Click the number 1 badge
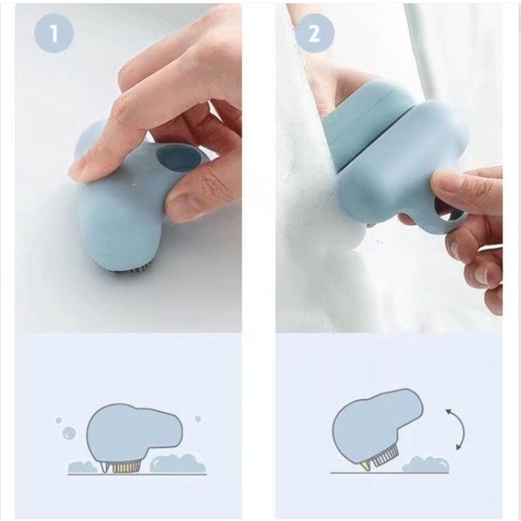tap(53, 33)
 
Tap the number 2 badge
tap(314, 33)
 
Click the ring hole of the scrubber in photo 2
tap(445, 213)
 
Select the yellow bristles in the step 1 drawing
tap(125, 467)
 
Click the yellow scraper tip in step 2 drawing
tap(367, 466)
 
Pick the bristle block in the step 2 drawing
tap(384, 457)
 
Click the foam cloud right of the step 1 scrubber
tap(178, 463)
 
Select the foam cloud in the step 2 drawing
tap(426, 464)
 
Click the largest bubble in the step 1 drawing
tap(69, 433)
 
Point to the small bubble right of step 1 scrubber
tap(198, 418)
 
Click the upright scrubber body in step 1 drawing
tap(133, 432)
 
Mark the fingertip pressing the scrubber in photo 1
tap(80, 169)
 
